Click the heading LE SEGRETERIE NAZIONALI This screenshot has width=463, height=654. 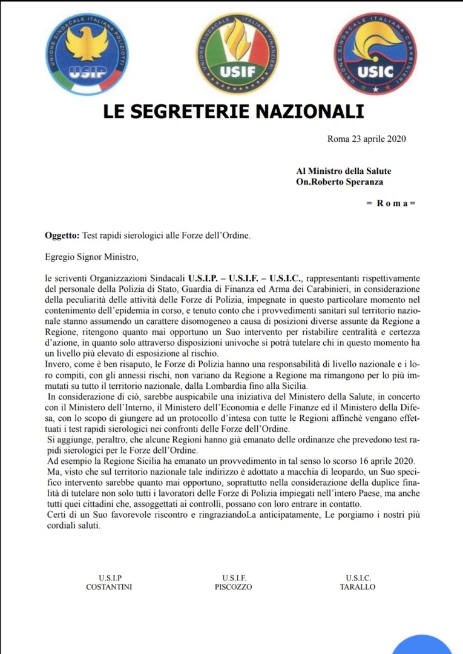pyautogui.click(x=234, y=112)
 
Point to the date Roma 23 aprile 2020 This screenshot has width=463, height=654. pyautogui.click(x=366, y=139)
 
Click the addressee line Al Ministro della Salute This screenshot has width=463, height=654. pyautogui.click(x=344, y=171)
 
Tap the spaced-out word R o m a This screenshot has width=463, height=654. pyautogui.click(x=392, y=203)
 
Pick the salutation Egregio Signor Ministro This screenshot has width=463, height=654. pyautogui.click(x=92, y=257)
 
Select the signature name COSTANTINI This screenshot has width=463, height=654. pyautogui.click(x=109, y=587)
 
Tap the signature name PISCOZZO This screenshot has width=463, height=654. pyautogui.click(x=233, y=587)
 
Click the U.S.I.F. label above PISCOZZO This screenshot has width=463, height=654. pyautogui.click(x=234, y=578)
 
